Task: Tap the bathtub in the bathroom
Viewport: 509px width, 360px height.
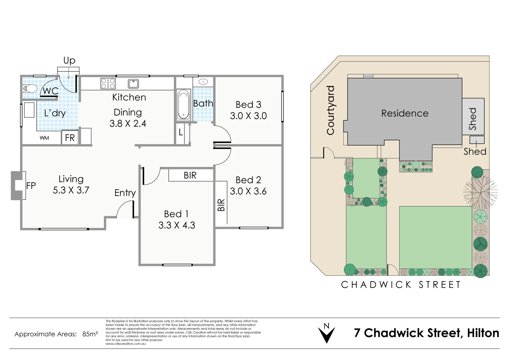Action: pyautogui.click(x=183, y=105)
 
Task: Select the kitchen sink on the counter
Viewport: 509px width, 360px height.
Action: pyautogui.click(x=133, y=83)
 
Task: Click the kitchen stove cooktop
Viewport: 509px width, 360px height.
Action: pyautogui.click(x=108, y=83)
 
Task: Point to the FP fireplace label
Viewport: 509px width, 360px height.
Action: pyautogui.click(x=31, y=186)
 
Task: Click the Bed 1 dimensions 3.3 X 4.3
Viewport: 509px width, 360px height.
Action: pyautogui.click(x=177, y=225)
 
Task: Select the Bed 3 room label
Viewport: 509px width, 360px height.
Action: pyautogui.click(x=248, y=105)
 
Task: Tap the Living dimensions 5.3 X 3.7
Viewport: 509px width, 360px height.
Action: pyautogui.click(x=71, y=190)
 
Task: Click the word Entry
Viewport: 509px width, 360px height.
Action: pyautogui.click(x=125, y=193)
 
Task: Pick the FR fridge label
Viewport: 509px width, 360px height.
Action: pyautogui.click(x=70, y=138)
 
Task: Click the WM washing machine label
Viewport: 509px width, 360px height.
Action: pyautogui.click(x=44, y=138)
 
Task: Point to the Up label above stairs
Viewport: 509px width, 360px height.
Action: pyautogui.click(x=69, y=60)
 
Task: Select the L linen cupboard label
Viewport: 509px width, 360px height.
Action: pyautogui.click(x=181, y=132)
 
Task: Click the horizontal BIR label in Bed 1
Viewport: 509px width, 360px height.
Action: pyautogui.click(x=190, y=175)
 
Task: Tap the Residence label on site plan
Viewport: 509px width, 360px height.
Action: pyautogui.click(x=405, y=113)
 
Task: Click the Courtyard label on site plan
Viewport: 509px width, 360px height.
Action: pyautogui.click(x=330, y=110)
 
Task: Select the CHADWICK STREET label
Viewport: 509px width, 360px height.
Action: pyautogui.click(x=401, y=285)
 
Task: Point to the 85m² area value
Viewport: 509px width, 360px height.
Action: pyautogui.click(x=90, y=334)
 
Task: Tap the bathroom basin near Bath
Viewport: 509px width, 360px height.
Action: pyautogui.click(x=203, y=82)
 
